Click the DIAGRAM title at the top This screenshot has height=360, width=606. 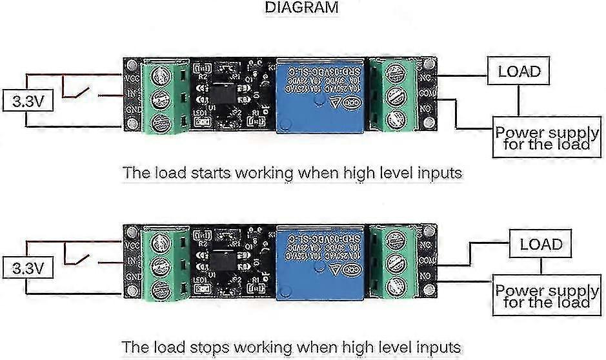[301, 8]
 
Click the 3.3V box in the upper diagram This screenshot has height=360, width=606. [24, 101]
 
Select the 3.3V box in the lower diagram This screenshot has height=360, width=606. [24, 267]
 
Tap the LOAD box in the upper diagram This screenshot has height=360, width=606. [518, 70]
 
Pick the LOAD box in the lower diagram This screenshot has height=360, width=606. [541, 245]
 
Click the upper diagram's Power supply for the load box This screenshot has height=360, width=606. [546, 138]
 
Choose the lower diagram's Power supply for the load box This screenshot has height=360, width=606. [546, 296]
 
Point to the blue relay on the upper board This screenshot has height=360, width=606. [319, 97]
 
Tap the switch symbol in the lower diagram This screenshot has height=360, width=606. [81, 258]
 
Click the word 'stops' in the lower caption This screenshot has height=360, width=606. [208, 346]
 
